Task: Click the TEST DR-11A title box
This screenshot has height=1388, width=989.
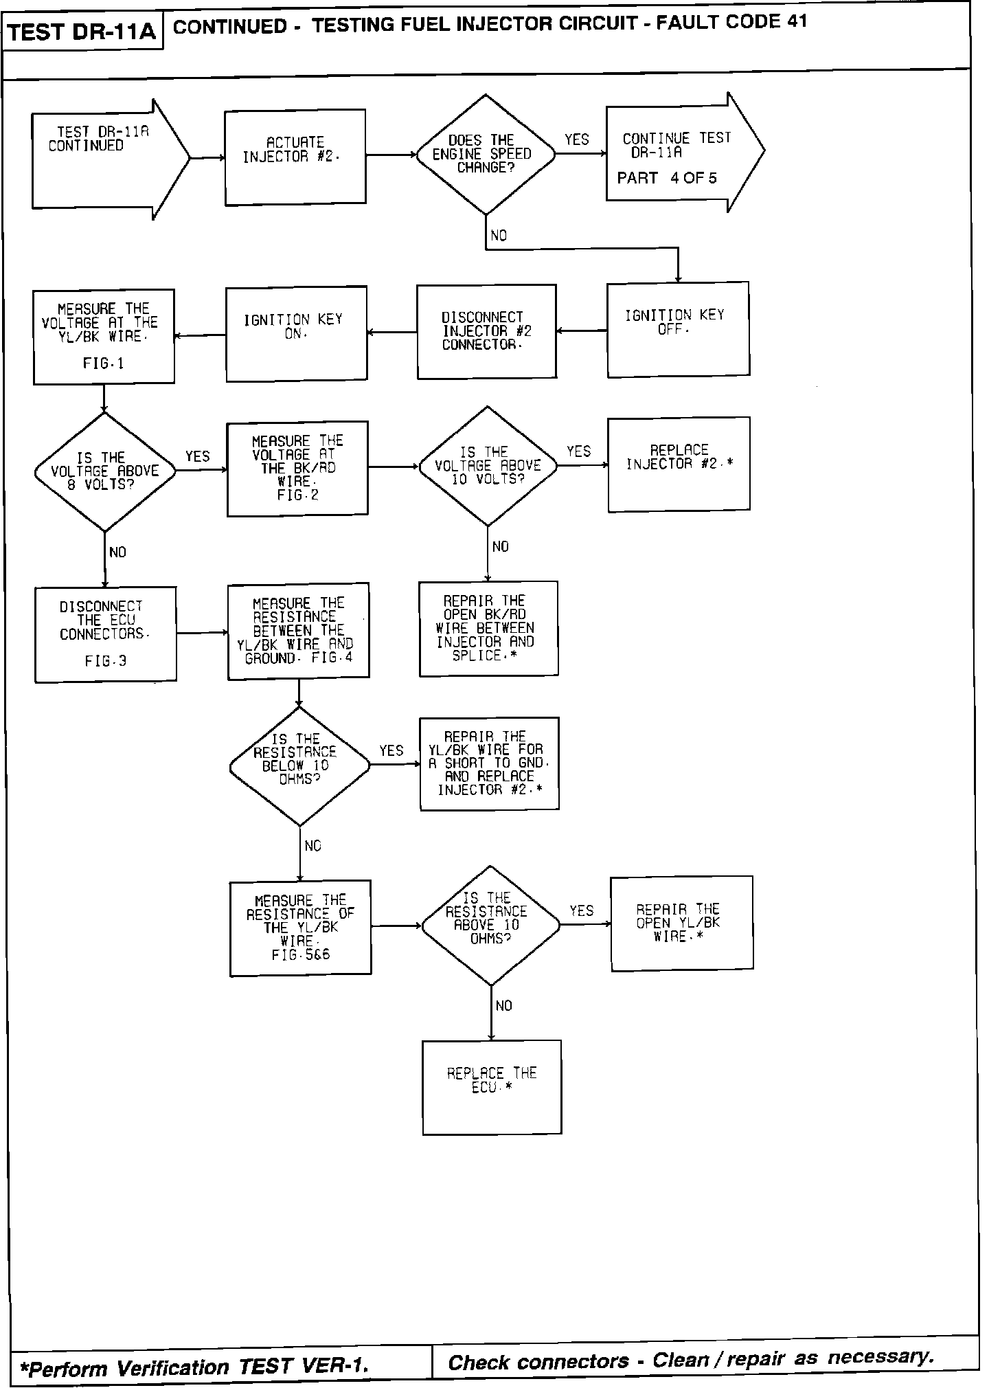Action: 82,32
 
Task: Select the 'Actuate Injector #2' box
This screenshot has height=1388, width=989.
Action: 295,157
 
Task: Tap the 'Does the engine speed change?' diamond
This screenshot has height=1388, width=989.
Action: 485,155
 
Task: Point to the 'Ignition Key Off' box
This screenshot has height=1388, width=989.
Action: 678,329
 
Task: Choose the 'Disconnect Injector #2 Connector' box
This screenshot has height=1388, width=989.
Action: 486,331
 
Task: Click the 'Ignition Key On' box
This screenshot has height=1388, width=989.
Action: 296,334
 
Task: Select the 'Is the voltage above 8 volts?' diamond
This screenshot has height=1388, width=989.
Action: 104,472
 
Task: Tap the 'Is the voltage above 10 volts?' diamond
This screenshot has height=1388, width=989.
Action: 488,467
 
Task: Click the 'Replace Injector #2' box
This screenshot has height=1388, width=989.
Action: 679,464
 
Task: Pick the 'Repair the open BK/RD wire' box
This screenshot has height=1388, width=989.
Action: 488,629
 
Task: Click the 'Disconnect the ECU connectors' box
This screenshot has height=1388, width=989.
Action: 105,634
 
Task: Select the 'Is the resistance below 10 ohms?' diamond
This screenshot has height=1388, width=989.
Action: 299,766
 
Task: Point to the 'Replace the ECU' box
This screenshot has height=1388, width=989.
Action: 492,1087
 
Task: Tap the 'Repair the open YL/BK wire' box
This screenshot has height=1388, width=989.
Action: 681,924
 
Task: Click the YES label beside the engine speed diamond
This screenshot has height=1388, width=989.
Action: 577,140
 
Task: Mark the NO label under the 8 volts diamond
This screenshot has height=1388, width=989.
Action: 117,552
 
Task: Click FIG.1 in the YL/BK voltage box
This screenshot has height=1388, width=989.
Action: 104,363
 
